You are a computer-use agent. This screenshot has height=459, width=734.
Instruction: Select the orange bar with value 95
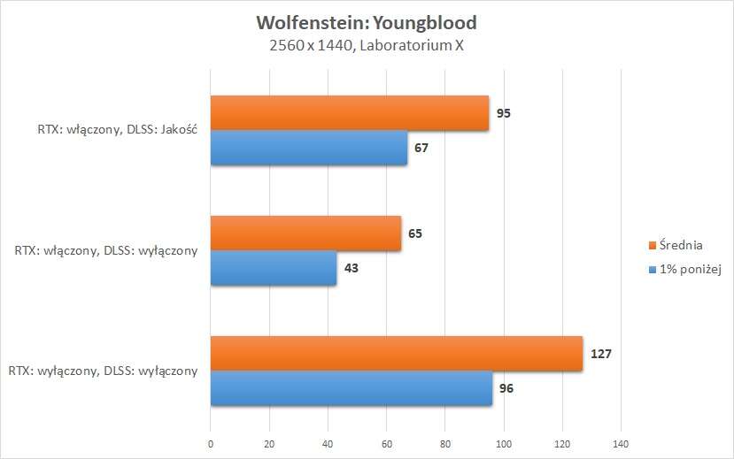point(350,113)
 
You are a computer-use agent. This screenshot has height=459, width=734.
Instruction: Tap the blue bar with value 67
point(309,148)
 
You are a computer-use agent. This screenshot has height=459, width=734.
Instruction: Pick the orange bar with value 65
point(305,233)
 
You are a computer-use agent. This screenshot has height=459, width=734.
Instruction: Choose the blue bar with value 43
point(274,268)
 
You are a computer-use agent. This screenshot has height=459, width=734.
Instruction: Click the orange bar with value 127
point(397,354)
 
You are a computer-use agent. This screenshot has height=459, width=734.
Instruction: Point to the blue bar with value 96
point(352,388)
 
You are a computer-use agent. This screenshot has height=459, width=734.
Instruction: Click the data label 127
point(601,354)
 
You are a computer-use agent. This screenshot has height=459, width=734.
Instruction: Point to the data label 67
point(421,148)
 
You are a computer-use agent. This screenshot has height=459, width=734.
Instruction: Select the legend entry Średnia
point(682,244)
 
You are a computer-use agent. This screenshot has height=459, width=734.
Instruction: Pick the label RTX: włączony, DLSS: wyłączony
point(106,251)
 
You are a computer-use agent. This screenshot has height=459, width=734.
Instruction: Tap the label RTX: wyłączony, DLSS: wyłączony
point(103,371)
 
